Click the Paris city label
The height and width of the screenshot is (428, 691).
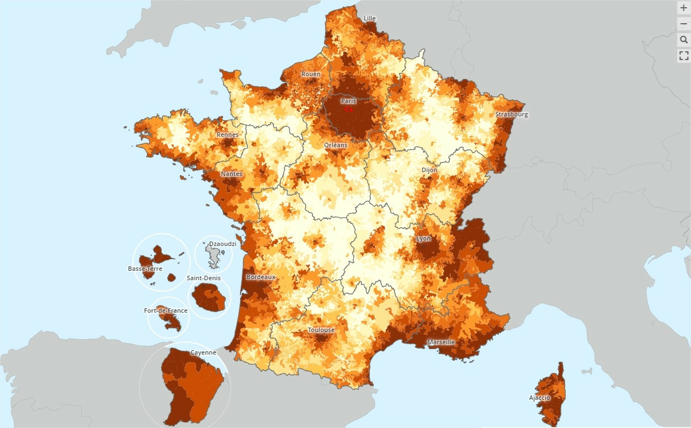(348, 101)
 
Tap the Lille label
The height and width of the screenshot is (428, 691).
(370, 18)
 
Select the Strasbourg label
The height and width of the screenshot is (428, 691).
(511, 115)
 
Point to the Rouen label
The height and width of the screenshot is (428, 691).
(311, 74)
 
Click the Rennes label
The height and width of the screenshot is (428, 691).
(227, 135)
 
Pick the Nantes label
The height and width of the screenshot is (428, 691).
(231, 174)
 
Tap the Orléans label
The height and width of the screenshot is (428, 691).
(336, 145)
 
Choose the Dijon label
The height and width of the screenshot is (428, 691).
(429, 170)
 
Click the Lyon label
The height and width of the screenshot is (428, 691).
(423, 238)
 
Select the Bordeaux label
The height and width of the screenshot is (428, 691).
(261, 277)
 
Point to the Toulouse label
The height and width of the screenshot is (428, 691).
(321, 330)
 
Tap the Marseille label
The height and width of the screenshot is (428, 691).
(441, 342)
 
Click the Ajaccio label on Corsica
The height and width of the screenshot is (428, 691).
(539, 398)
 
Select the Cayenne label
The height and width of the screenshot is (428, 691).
(203, 352)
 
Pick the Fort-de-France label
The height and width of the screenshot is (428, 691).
(166, 311)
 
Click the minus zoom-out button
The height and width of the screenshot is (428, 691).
(684, 24)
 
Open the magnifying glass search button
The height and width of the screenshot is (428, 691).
(684, 40)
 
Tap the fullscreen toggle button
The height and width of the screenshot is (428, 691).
(684, 55)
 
